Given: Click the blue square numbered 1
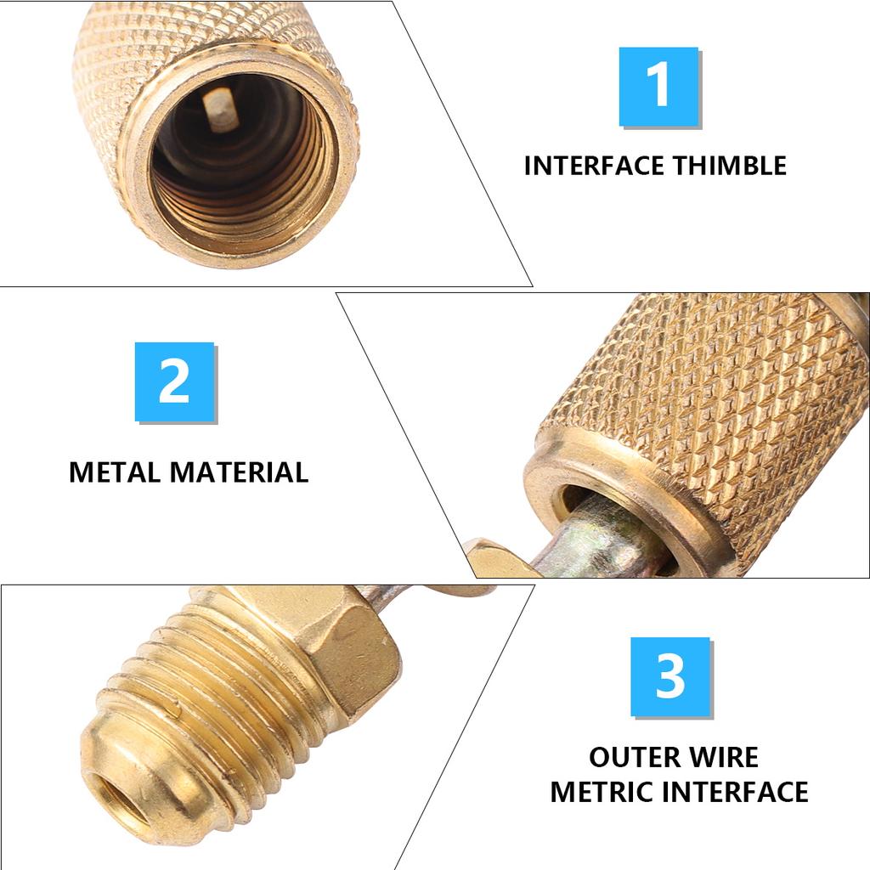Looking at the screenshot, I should (x=658, y=87).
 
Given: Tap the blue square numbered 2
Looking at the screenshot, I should (x=174, y=381).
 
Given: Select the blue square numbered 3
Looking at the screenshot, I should (x=669, y=676).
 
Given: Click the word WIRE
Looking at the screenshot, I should (x=723, y=757).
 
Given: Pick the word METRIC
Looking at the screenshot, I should (x=602, y=792).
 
